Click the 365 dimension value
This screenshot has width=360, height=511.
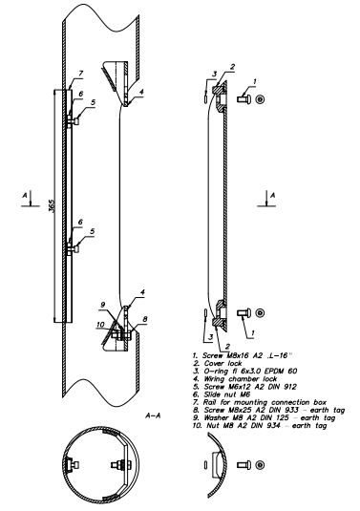tap(52, 205)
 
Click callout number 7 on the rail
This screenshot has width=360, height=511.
tap(80, 74)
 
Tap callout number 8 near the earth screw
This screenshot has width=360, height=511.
tap(145, 319)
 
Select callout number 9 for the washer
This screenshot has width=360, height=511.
tap(103, 305)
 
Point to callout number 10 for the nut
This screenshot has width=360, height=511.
tap(100, 325)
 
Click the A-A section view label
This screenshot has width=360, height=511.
tap(153, 415)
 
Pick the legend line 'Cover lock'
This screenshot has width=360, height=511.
tap(218, 363)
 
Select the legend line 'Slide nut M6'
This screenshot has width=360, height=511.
tap(222, 394)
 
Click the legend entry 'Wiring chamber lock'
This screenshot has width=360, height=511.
tap(235, 378)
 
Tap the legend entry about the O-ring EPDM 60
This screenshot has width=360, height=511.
tap(245, 371)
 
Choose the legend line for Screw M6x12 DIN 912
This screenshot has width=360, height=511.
tap(244, 387)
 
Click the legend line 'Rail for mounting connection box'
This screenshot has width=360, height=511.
tap(260, 402)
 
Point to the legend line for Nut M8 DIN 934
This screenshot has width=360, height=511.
tap(260, 426)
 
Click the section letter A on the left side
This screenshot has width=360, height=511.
tap(25, 195)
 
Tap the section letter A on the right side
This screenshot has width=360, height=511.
tap(273, 195)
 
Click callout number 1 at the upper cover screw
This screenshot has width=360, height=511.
tap(255, 81)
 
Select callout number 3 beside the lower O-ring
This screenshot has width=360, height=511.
tap(210, 337)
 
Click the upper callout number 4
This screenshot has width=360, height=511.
tap(141, 93)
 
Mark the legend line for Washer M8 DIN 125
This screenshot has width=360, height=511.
tap(264, 417)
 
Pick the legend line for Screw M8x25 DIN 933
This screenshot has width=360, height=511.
tap(268, 410)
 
